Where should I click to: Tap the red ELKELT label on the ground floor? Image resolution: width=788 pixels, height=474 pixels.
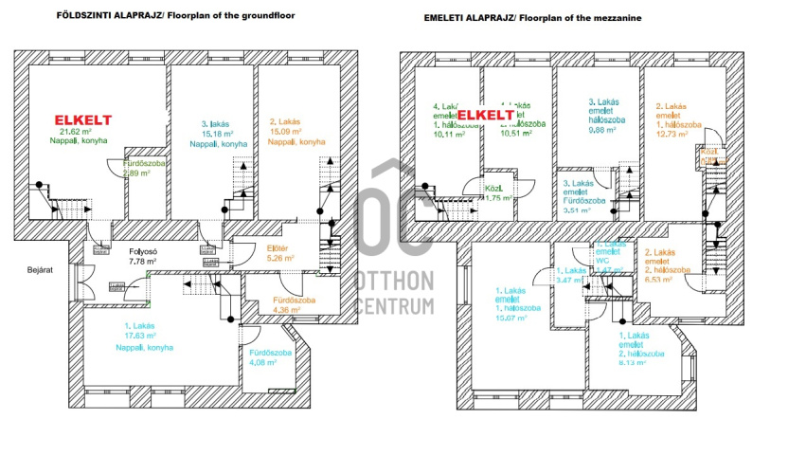click(83, 119)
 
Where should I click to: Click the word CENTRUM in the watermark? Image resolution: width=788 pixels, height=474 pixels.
click(395, 306)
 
